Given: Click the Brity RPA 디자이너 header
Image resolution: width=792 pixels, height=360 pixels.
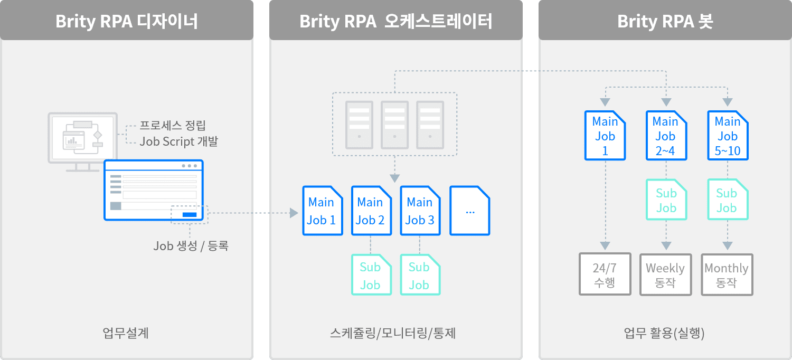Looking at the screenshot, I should [127, 21].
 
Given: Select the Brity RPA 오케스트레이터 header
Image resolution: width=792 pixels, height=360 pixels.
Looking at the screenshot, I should [395, 21].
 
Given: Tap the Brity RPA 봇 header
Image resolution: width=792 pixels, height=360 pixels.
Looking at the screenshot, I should [665, 21].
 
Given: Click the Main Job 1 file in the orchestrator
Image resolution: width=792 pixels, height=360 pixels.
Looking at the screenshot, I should [322, 211].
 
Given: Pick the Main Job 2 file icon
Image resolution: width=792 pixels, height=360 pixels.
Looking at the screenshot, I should [371, 211].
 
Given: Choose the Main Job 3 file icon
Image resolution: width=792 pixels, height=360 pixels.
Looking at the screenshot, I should [420, 211].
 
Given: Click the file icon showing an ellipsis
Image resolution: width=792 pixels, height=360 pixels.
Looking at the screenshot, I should [469, 211].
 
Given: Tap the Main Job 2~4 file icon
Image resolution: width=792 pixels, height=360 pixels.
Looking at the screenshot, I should [666, 136].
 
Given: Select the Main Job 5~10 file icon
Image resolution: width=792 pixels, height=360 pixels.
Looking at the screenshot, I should [728, 136].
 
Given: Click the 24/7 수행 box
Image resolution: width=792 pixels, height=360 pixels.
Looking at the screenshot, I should [605, 274].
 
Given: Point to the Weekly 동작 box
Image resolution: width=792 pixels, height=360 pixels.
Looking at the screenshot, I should [665, 274].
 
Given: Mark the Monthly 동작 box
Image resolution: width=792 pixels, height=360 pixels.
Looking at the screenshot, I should [727, 274].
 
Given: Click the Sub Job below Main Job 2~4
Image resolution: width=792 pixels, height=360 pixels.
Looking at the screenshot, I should [666, 200].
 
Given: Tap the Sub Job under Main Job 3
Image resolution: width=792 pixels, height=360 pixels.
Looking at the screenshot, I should [420, 275].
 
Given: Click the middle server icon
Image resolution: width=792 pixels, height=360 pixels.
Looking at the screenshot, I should [394, 125].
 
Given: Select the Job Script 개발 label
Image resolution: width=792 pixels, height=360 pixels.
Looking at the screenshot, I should [178, 142].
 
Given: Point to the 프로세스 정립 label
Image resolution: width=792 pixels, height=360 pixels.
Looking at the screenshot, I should [173, 126].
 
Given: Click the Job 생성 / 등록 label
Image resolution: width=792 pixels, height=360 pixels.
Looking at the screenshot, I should [191, 246].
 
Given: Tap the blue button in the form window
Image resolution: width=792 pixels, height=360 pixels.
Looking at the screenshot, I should [189, 214].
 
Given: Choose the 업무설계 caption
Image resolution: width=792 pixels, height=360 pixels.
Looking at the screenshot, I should [126, 334].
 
